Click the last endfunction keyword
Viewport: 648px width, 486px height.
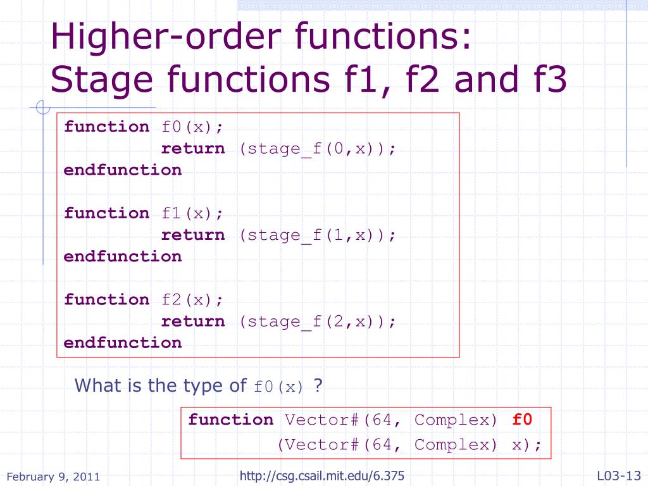point(123,343)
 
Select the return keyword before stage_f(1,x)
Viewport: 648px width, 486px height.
point(193,235)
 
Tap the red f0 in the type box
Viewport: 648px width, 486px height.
point(522,420)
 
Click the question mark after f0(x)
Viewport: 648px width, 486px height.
point(318,385)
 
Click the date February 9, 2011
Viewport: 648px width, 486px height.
point(53,477)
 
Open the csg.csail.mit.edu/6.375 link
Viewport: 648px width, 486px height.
point(322,476)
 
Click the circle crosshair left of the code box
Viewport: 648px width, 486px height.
point(43,109)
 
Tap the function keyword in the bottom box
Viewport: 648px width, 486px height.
point(231,420)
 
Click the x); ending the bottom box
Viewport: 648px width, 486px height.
point(526,444)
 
